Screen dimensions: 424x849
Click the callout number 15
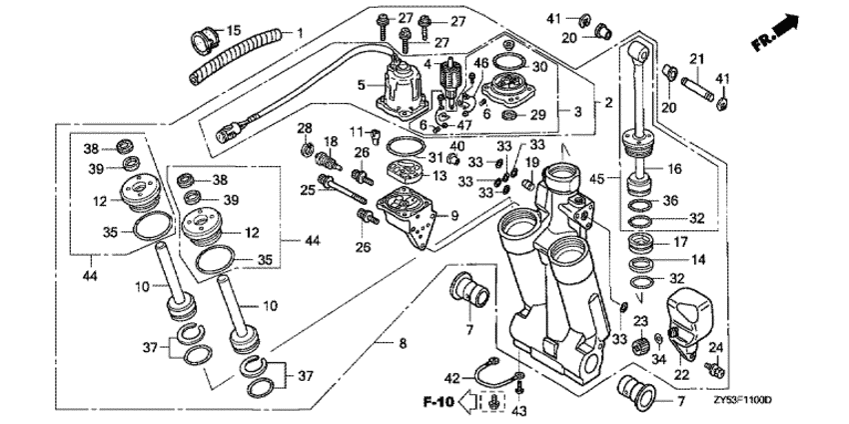(235, 30)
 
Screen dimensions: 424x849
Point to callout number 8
(403, 344)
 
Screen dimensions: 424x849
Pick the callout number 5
(363, 86)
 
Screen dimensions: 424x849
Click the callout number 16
(674, 170)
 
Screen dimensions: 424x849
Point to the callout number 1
(299, 33)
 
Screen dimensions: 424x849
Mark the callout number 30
(538, 66)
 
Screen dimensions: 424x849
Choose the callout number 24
(714, 347)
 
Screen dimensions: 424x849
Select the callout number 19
(532, 162)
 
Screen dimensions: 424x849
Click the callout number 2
(607, 103)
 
